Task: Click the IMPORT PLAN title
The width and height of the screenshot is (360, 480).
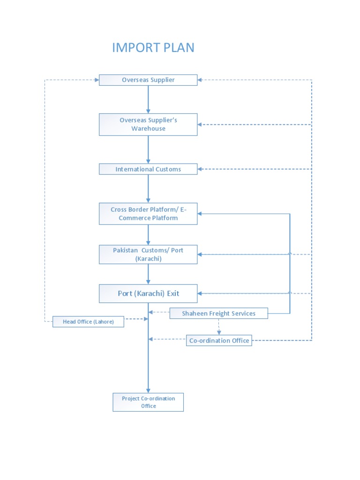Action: [153, 47]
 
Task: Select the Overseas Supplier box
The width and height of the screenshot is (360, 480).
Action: [148, 80]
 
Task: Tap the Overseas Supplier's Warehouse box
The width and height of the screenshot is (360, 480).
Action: [148, 124]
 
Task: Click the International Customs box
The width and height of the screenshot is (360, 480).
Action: [148, 169]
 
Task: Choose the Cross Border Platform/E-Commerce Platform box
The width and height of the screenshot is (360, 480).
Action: [148, 214]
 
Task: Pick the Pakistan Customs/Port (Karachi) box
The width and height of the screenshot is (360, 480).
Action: [148, 254]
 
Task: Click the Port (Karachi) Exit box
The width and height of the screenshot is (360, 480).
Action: [148, 293]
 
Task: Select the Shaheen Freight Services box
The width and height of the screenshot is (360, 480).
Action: [218, 313]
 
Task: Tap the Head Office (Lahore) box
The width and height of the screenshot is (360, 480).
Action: [88, 322]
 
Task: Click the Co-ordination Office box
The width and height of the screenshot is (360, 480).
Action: [219, 340]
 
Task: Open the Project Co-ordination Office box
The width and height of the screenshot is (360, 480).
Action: [148, 402]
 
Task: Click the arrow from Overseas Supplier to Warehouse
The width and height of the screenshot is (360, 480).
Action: [148, 99]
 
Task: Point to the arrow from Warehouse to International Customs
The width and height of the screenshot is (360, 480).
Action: [148, 150]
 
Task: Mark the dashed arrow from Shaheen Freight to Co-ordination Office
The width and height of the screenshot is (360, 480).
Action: [219, 327]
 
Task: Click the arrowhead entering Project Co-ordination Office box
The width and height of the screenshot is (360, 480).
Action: [148, 390]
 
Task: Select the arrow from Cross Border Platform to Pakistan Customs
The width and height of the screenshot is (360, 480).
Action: [148, 234]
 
